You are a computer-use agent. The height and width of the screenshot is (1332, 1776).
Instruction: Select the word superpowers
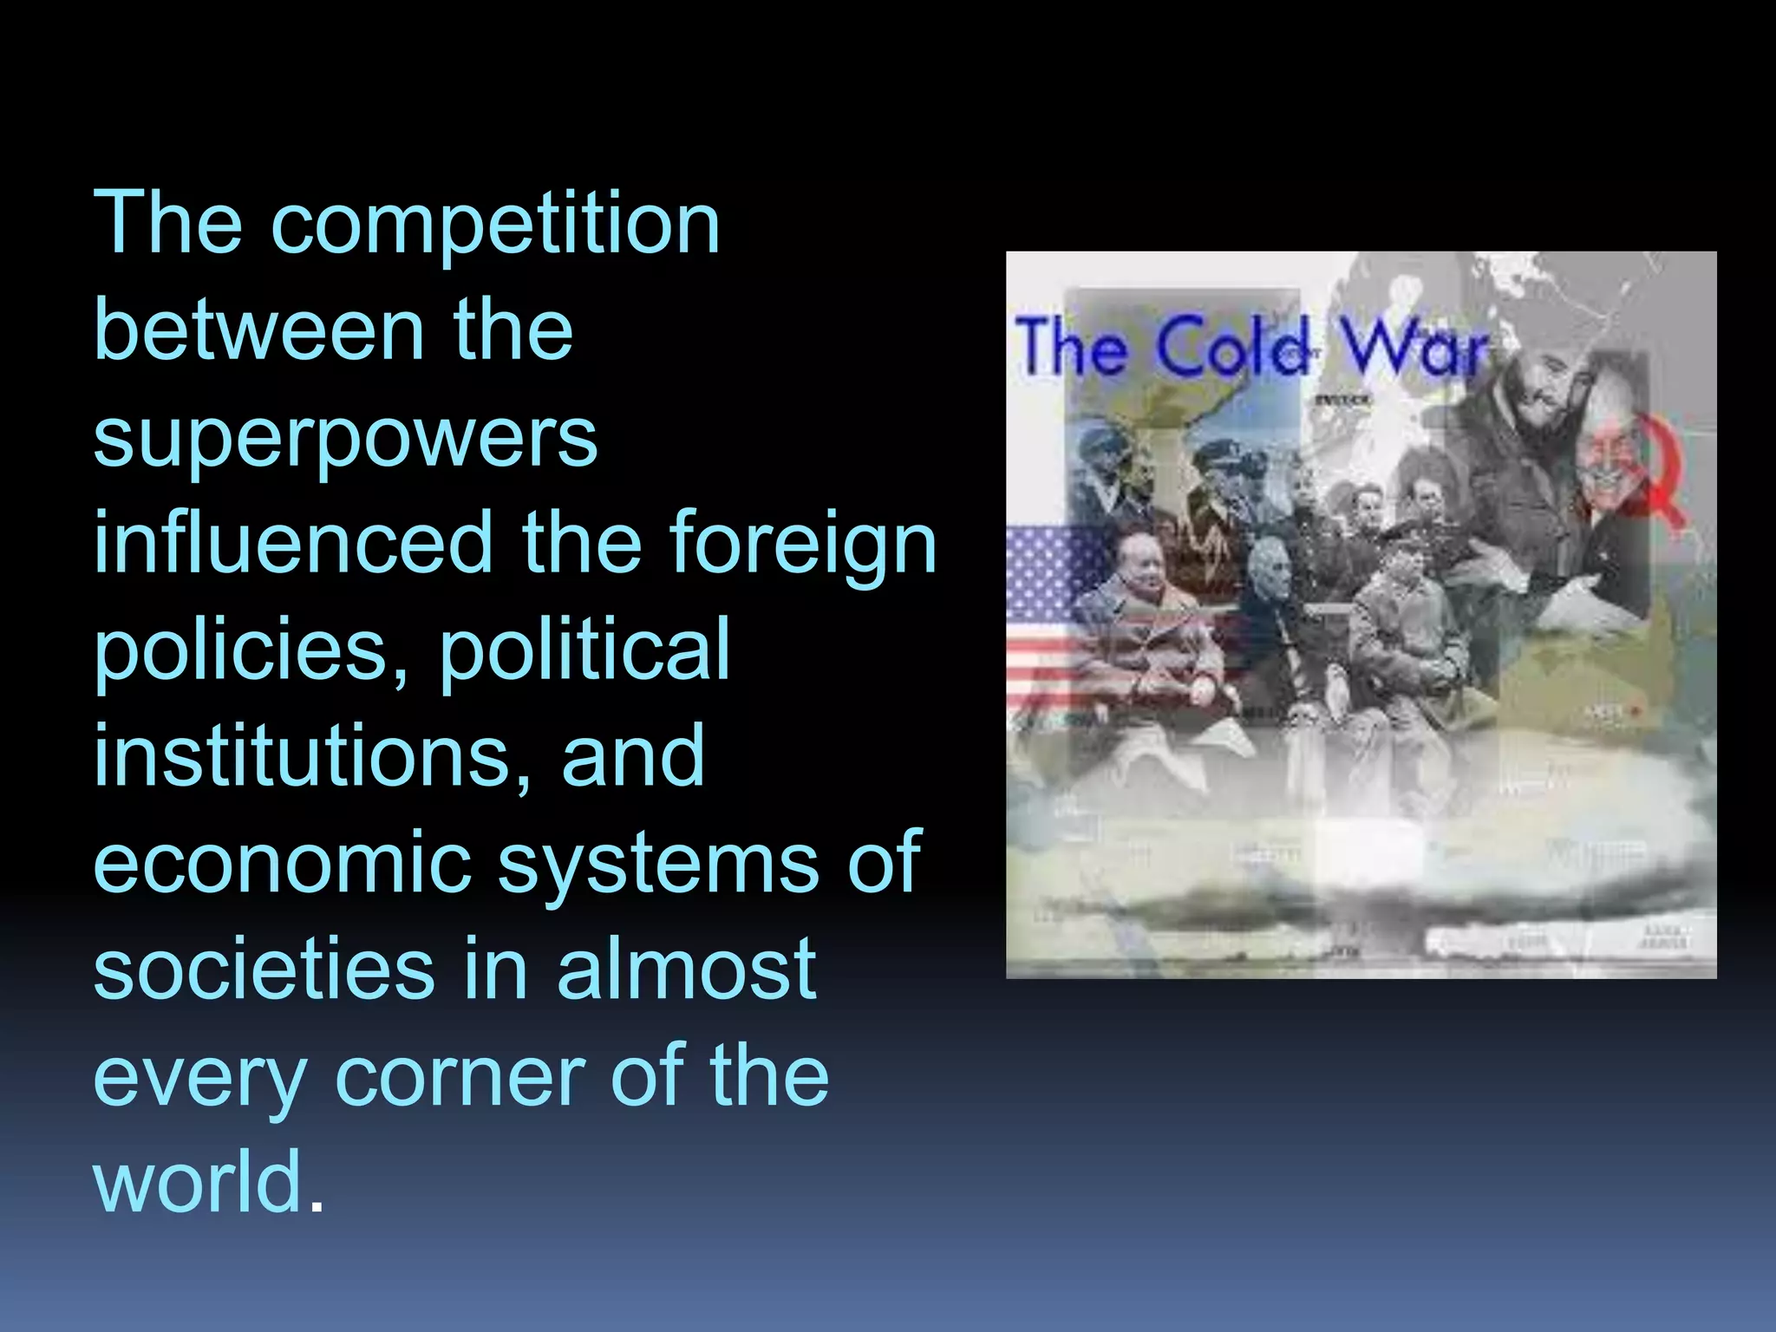click(x=345, y=439)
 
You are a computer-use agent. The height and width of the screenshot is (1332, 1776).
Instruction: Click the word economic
click(x=281, y=862)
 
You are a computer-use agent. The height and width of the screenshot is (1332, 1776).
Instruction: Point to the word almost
click(x=686, y=968)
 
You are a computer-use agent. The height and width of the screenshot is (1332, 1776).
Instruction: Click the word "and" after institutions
click(x=633, y=756)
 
